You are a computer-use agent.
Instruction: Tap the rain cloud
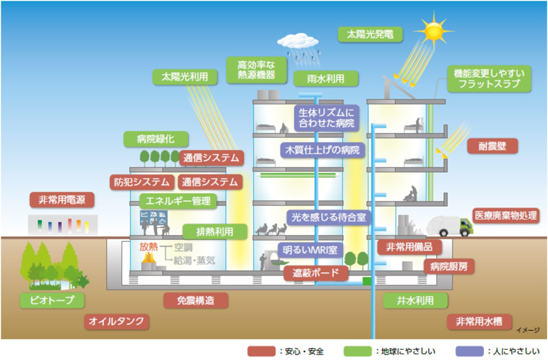(300, 41)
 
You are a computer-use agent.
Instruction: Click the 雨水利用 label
(325, 78)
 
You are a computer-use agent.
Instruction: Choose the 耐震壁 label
(493, 146)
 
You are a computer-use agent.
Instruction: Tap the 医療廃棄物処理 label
(506, 215)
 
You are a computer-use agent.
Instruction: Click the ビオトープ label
(54, 300)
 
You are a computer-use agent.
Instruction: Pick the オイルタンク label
(117, 321)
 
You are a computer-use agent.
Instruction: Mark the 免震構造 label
(196, 300)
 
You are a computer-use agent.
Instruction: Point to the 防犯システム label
(141, 182)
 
